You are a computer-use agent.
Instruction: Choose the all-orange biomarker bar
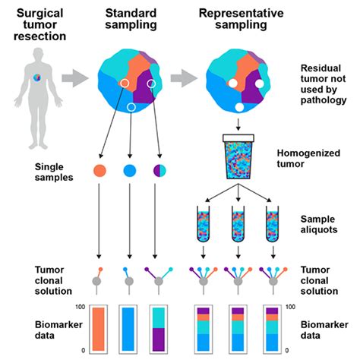102,326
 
